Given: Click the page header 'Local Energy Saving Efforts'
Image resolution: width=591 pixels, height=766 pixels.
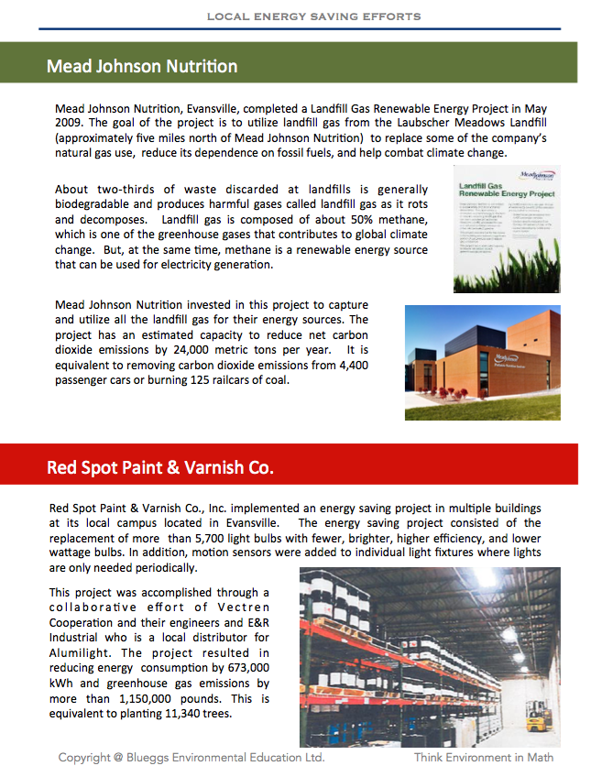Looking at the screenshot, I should click(x=313, y=16).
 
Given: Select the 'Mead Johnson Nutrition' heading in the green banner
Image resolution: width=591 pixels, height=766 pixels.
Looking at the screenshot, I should click(x=142, y=67).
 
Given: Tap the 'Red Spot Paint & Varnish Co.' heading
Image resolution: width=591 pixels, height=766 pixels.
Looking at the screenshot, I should click(x=160, y=468).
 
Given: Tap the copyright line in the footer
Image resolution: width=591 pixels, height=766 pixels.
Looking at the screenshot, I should click(x=191, y=758).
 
